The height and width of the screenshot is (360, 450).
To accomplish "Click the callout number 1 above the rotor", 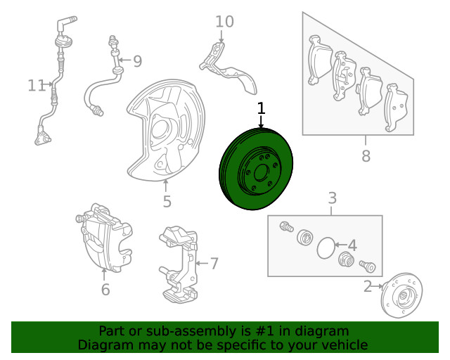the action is [x=261, y=108].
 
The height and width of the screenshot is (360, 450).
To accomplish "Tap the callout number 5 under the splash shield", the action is [x=167, y=201].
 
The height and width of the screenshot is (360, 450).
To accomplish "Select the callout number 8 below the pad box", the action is [x=366, y=156].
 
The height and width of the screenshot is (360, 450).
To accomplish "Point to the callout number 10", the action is [x=224, y=22].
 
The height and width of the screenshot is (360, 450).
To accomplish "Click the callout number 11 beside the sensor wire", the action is [x=37, y=86].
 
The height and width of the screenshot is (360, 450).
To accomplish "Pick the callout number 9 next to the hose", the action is [x=138, y=61].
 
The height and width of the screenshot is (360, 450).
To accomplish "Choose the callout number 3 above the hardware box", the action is [x=332, y=198].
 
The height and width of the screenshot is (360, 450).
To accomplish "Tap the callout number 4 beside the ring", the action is [x=352, y=245].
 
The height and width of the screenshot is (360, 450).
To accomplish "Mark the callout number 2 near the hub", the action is [x=368, y=286].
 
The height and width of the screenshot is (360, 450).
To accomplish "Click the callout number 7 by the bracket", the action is [x=214, y=264].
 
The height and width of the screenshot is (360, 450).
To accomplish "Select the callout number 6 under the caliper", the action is [x=105, y=290].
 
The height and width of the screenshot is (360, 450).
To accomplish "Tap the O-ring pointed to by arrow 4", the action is [x=326, y=248].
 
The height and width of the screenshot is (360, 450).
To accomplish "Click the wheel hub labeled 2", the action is [x=401, y=295].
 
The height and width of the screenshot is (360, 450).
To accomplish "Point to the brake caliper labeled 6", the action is [x=104, y=238].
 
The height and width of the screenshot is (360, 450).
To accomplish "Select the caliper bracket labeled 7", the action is [x=179, y=264].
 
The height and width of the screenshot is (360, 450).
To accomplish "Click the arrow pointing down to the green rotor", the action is [x=261, y=122].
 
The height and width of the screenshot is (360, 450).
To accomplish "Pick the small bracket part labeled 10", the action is [x=228, y=68].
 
